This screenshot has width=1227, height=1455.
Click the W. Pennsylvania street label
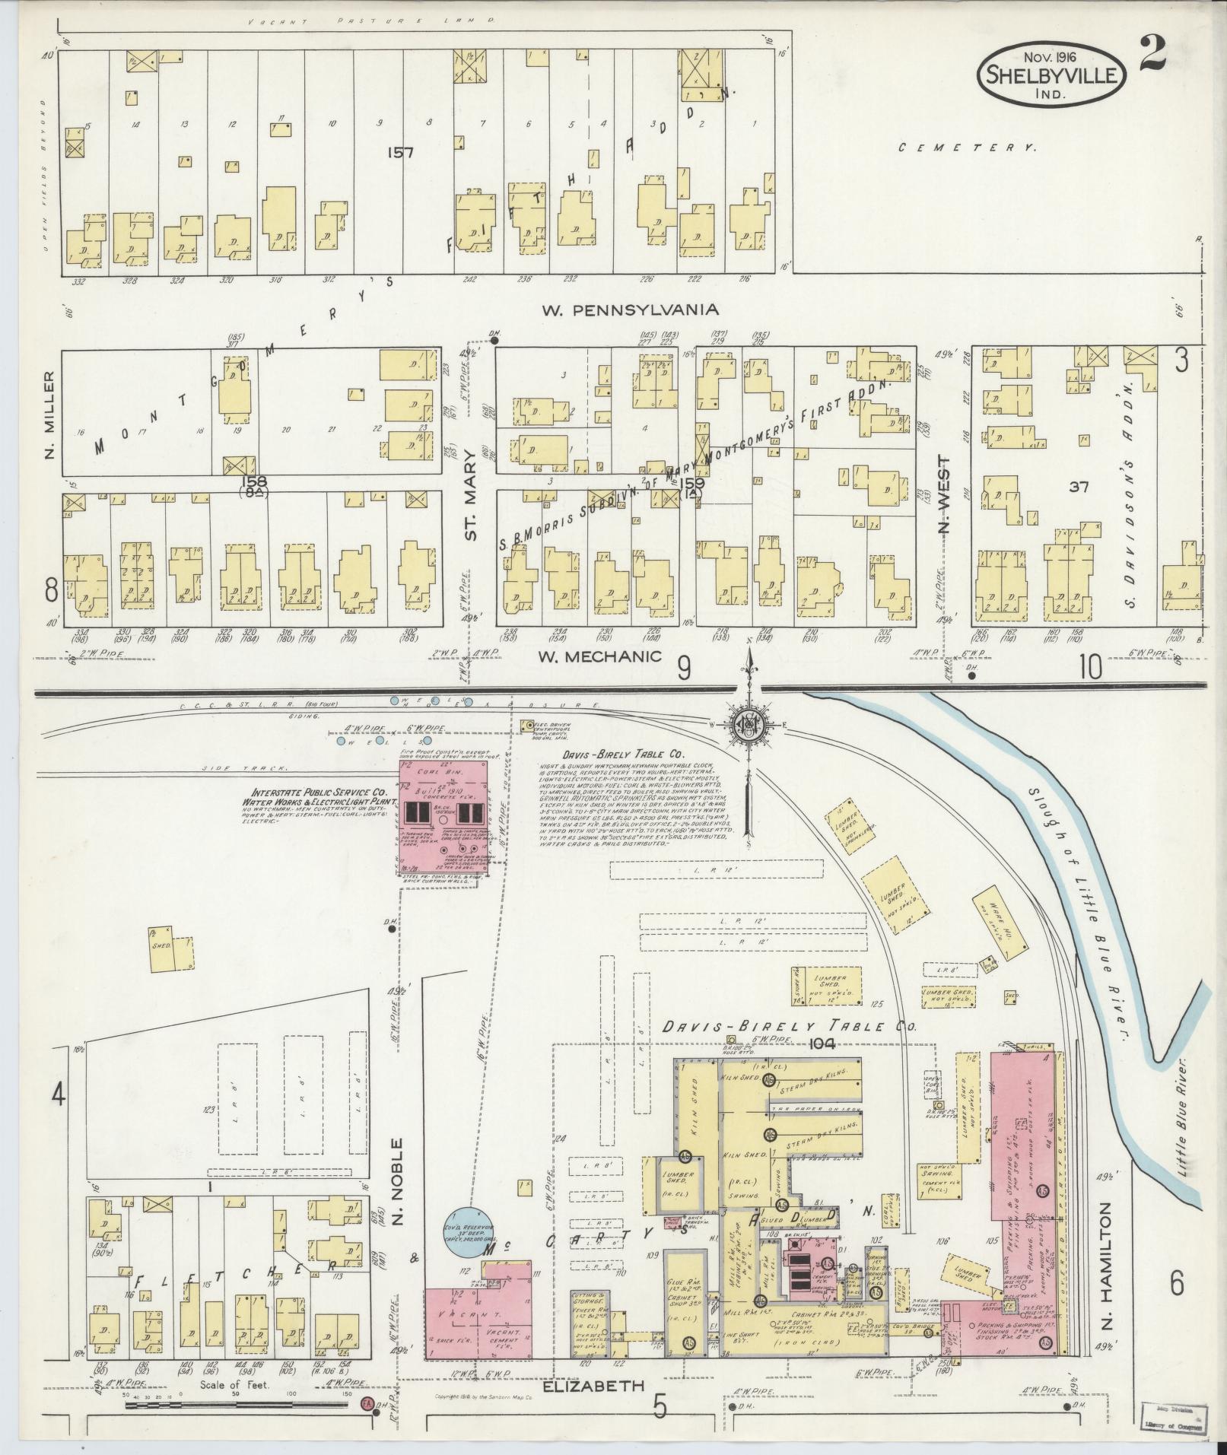pos(630,310)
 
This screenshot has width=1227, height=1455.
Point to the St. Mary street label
pos(472,513)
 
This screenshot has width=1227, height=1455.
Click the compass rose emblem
pos(749,726)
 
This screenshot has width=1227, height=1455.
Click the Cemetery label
pos(967,148)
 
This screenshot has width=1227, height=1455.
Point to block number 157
pos(399,153)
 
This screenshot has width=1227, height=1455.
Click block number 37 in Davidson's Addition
pos(1078,487)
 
